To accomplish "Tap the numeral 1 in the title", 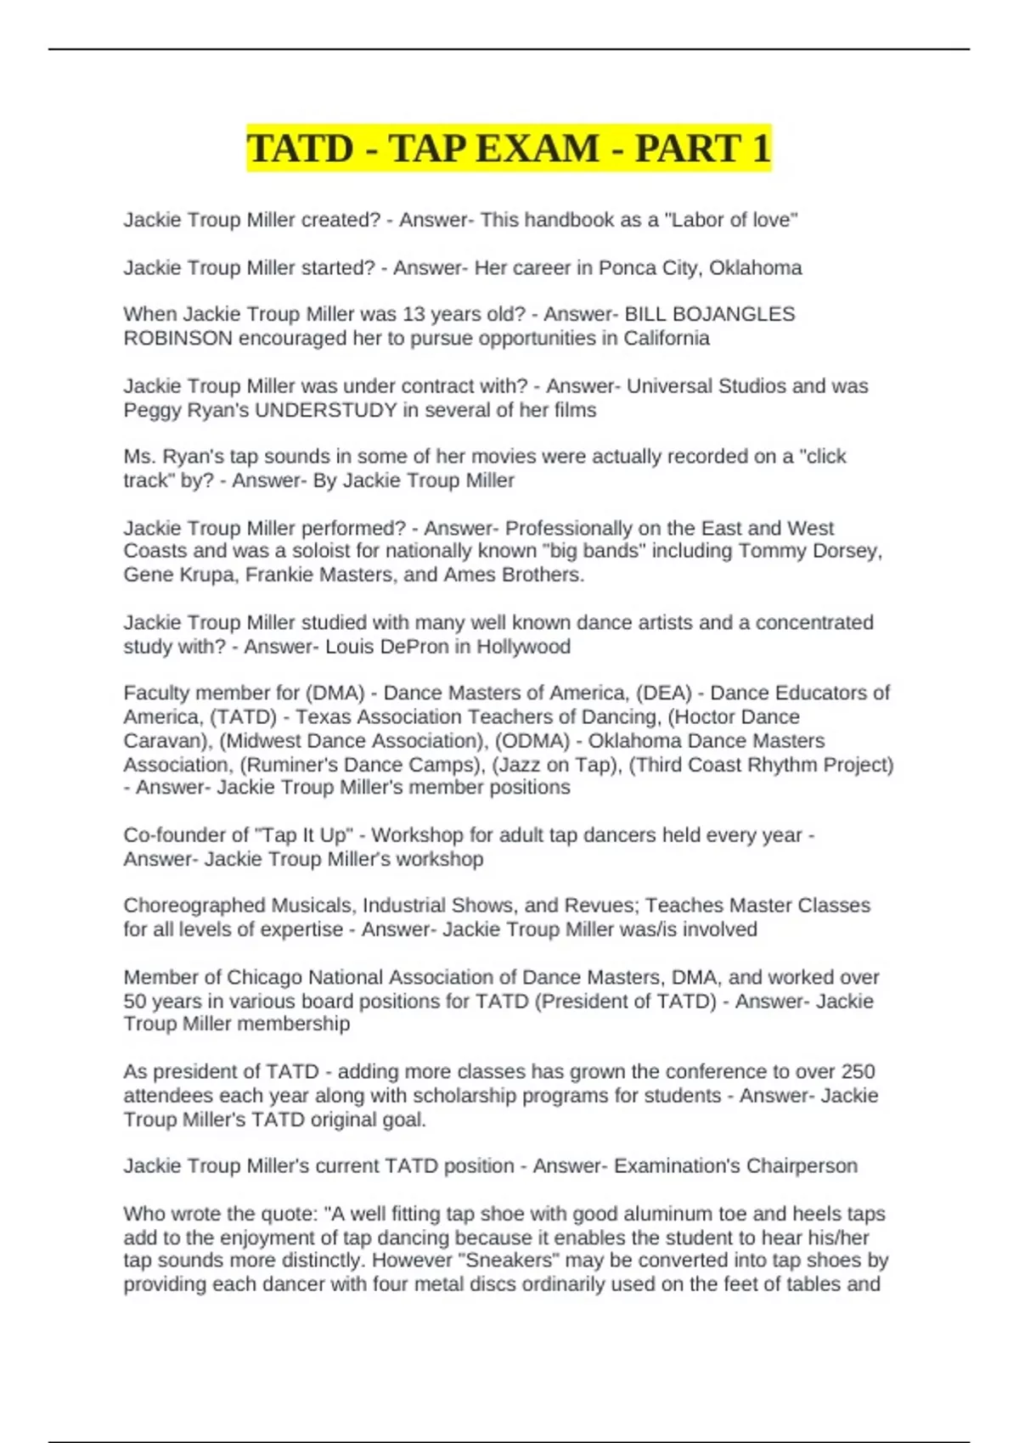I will pyautogui.click(x=759, y=149).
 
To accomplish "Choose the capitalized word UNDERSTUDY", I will pyautogui.click(x=326, y=410).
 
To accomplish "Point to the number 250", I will pyautogui.click(x=858, y=1072).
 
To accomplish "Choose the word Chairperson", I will pyautogui.click(x=802, y=1166).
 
